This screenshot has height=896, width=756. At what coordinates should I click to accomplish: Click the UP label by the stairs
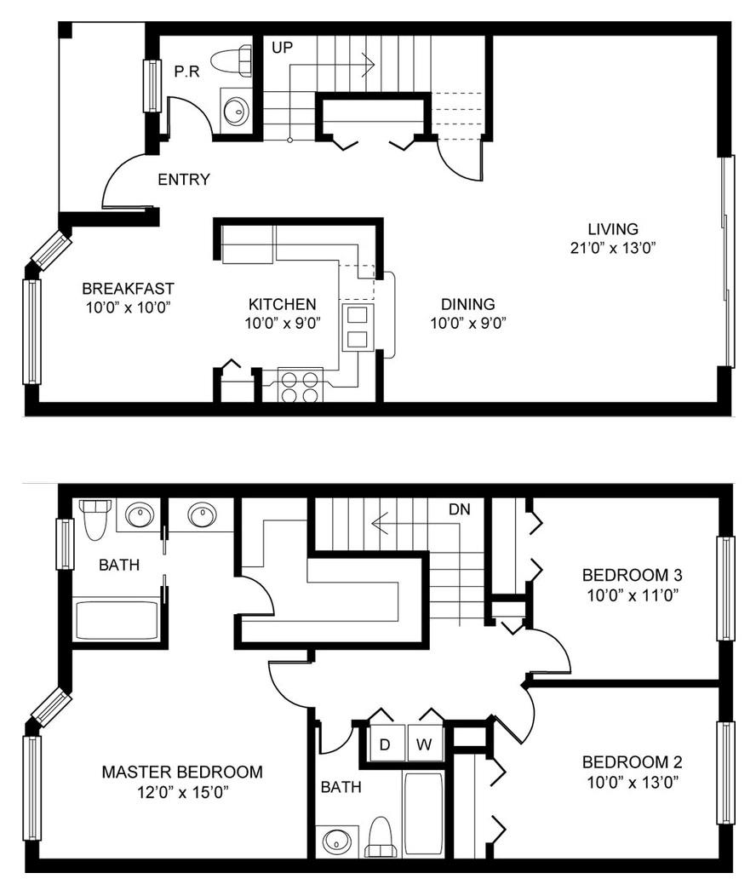(282, 48)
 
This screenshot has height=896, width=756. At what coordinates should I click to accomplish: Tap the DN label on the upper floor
(459, 509)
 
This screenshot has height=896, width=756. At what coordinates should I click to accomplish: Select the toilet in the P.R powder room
(232, 61)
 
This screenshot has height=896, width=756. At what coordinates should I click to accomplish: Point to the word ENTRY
(184, 180)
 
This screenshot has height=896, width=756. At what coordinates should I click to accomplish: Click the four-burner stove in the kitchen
(301, 386)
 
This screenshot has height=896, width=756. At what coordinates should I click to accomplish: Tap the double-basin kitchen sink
(358, 327)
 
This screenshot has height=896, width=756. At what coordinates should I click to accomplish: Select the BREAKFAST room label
(128, 289)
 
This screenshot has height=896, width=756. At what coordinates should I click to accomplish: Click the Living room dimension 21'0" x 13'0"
(612, 248)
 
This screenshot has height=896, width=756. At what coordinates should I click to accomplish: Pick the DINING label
(467, 304)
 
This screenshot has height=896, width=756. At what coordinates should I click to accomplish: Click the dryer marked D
(384, 744)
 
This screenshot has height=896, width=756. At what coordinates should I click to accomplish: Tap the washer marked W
(424, 744)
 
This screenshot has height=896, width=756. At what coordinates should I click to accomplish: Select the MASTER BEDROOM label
(182, 772)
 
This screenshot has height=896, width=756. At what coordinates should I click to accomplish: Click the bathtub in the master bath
(117, 620)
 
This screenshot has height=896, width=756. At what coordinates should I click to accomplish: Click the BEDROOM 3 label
(632, 575)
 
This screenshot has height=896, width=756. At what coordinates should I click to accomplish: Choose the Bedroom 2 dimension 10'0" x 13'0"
(633, 782)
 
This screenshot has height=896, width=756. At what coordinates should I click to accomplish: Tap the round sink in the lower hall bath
(337, 841)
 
